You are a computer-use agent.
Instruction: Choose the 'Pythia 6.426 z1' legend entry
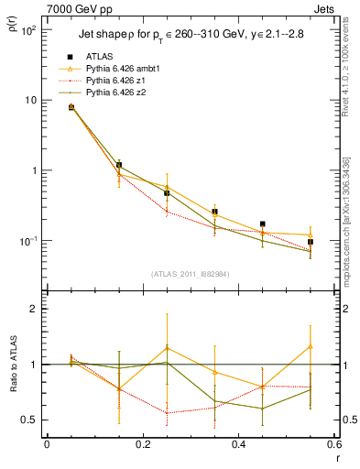[x=116, y=81]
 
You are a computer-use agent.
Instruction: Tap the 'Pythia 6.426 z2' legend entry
[x=116, y=93]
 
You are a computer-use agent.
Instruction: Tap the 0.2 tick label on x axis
[x=142, y=445]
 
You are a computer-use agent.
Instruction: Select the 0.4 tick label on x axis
[x=238, y=445]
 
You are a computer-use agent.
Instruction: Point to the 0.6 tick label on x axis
[x=333, y=445]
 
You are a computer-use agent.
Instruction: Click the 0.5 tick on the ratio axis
[x=31, y=420]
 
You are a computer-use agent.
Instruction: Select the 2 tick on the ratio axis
[x=37, y=309]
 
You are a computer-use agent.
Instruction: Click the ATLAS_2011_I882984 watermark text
[x=190, y=274]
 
